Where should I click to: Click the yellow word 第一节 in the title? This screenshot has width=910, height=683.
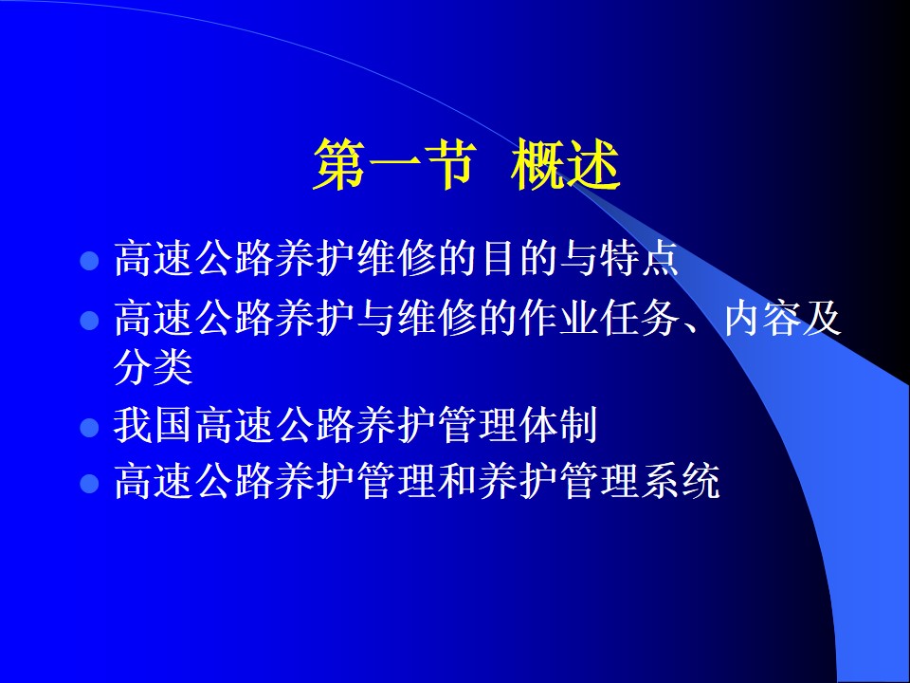tap(394, 164)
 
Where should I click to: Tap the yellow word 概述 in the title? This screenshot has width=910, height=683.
tap(565, 164)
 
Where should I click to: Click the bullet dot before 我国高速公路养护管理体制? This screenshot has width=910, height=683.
tap(89, 428)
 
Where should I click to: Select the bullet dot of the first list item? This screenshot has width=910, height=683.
tap(89, 260)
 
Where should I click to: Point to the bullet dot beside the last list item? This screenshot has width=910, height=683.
tap(89, 483)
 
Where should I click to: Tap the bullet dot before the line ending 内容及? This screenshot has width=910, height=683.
tap(89, 320)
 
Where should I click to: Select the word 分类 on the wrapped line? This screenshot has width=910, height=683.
tap(154, 368)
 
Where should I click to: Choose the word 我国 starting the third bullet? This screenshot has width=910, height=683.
tap(153, 426)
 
